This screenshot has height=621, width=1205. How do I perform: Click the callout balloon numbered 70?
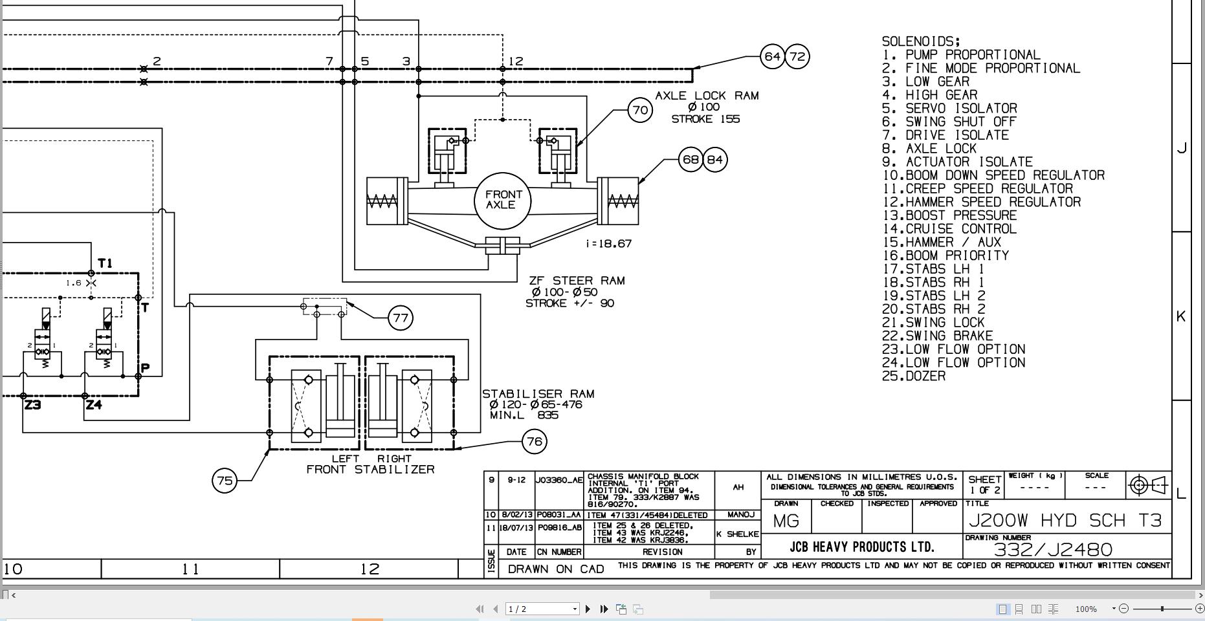[640, 111]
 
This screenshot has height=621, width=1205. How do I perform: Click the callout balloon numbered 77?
[401, 318]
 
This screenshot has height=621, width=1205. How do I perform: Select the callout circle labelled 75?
[225, 481]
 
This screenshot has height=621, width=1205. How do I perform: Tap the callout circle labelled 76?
[535, 442]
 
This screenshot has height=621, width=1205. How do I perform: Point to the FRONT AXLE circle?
[503, 200]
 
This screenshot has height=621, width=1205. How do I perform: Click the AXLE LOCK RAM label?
[707, 96]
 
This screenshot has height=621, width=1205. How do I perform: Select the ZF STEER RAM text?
[577, 281]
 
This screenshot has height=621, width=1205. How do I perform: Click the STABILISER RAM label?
[538, 394]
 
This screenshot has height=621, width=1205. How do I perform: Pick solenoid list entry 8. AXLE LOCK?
[929, 149]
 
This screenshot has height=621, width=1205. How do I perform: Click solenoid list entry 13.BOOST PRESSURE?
[949, 215]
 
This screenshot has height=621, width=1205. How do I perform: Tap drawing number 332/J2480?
[1053, 550]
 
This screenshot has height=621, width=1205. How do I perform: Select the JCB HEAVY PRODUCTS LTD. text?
[862, 547]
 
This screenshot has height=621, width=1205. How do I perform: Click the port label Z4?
[94, 406]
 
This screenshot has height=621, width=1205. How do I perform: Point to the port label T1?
[105, 263]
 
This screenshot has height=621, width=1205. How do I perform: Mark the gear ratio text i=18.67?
[608, 244]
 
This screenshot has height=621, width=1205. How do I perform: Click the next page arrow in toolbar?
[588, 609]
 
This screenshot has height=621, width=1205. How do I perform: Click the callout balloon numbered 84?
[715, 159]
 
